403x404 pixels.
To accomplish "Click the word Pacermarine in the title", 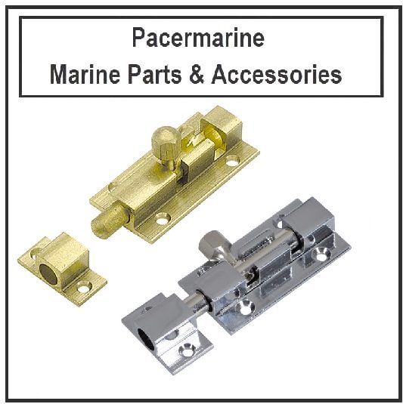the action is [x=198, y=37].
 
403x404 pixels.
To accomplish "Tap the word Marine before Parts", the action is [x=85, y=75].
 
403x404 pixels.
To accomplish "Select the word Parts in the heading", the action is [x=155, y=75].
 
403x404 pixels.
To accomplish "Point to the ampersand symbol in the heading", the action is [x=197, y=75].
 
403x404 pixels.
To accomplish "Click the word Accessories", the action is [x=277, y=75].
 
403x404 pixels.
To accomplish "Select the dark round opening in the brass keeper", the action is [x=49, y=274].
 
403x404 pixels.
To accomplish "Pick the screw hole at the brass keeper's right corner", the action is [x=85, y=287].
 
